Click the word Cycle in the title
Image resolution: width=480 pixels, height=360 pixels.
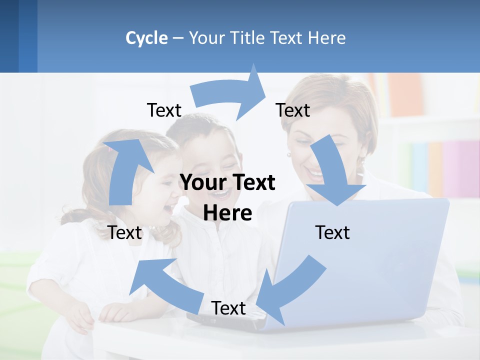(x=146, y=38)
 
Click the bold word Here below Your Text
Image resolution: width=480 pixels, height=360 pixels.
(x=227, y=213)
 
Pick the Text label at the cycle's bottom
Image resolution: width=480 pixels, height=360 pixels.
(x=228, y=308)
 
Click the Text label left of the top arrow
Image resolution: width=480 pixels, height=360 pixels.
(x=164, y=110)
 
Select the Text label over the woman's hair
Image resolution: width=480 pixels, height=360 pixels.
(x=293, y=110)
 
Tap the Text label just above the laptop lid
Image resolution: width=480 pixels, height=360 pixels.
(x=332, y=232)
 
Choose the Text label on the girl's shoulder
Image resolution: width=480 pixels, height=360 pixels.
(x=125, y=232)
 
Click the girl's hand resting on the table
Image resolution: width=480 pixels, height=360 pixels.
(x=80, y=317)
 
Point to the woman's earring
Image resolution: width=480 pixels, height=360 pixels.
(x=288, y=155)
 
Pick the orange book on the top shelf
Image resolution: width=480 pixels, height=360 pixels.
(x=405, y=95)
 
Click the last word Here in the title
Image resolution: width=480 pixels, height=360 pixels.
(x=327, y=38)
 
